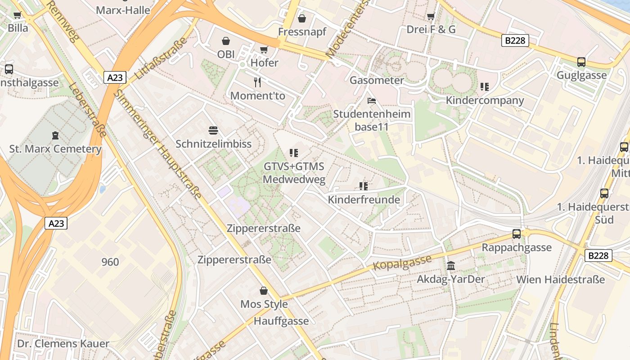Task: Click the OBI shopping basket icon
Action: (226, 41)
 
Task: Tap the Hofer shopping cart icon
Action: (264, 49)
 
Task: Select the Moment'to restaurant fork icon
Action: (257, 82)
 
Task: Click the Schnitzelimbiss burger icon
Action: (214, 131)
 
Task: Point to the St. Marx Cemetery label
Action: (55, 149)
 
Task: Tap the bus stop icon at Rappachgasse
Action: (517, 234)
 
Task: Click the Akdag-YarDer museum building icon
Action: (451, 265)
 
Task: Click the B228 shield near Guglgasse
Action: (515, 41)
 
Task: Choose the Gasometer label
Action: (377, 81)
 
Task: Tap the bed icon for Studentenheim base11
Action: (372, 101)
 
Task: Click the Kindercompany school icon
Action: (485, 87)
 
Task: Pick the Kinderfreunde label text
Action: (364, 199)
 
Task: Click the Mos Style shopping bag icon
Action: (264, 291)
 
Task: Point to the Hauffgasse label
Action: (281, 321)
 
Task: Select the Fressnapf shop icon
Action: (302, 18)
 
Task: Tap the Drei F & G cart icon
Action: (431, 17)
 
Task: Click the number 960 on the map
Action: (110, 262)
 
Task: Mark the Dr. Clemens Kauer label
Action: (63, 344)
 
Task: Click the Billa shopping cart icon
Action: (18, 15)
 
